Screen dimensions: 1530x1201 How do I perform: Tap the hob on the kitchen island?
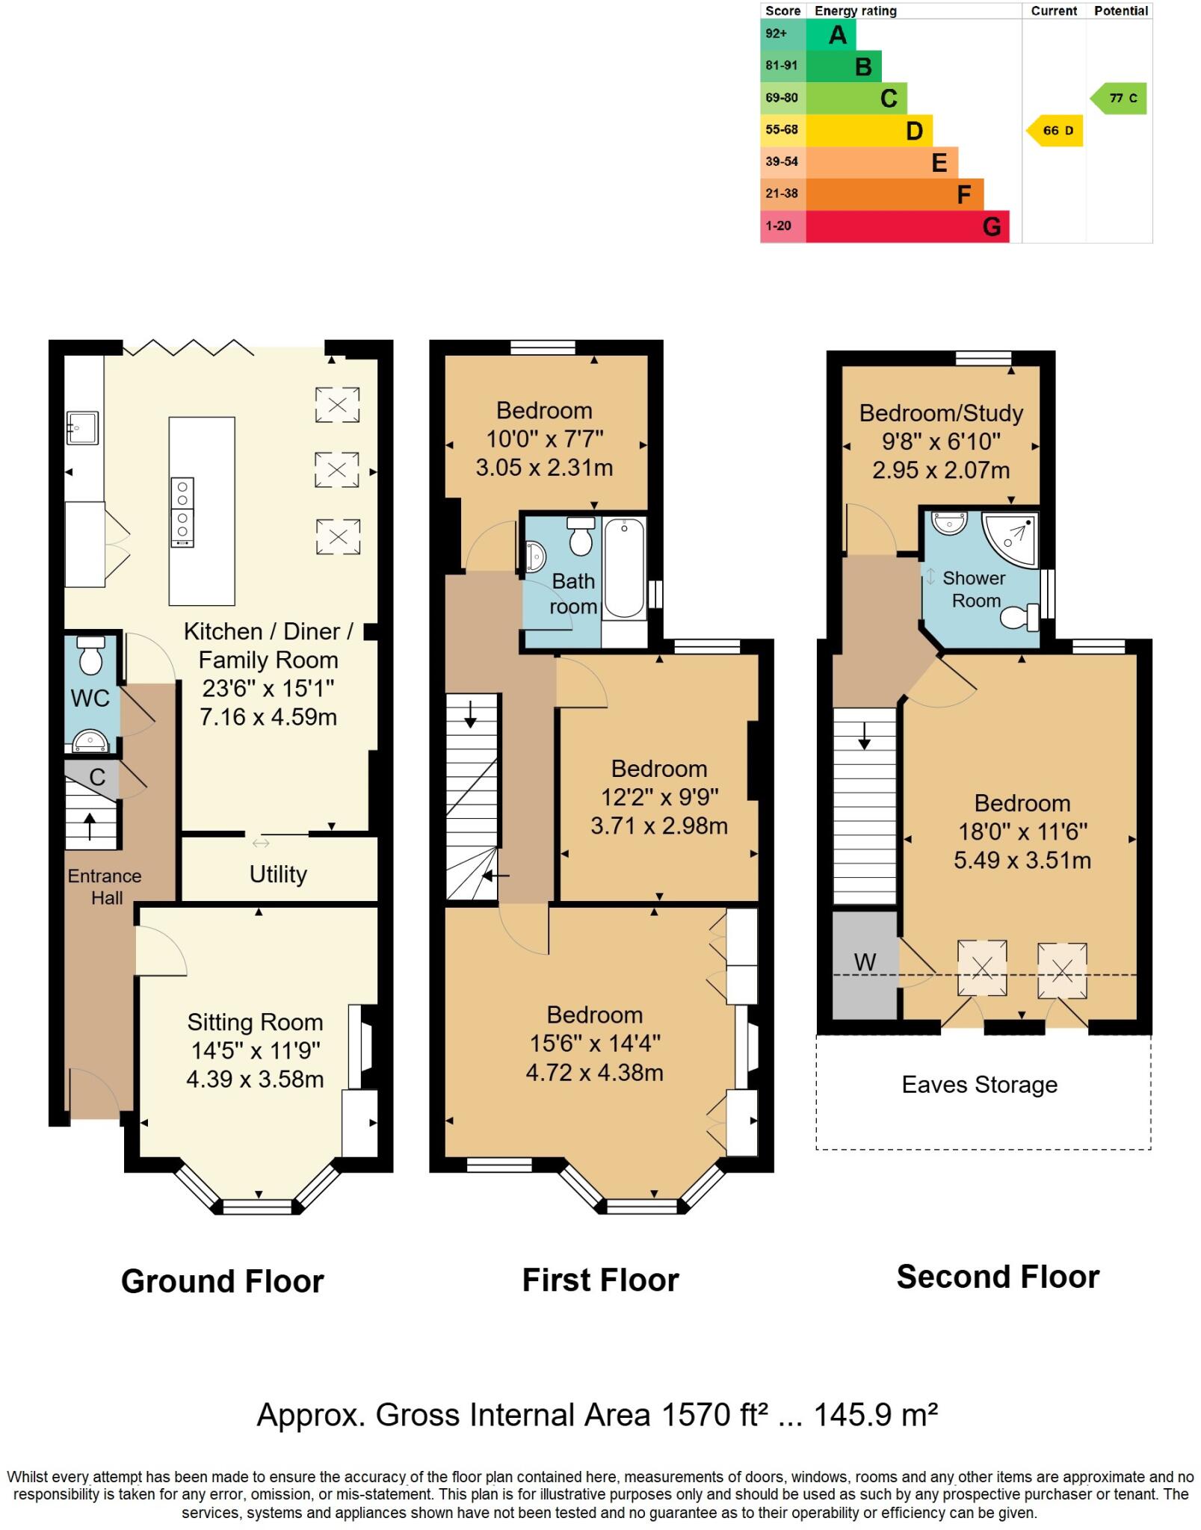coord(182,512)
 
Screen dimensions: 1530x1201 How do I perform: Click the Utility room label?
coord(278,874)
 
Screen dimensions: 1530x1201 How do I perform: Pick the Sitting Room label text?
coord(255,1022)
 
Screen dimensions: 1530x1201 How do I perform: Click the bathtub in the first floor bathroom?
coord(624,568)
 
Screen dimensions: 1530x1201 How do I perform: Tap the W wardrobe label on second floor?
coord(865,962)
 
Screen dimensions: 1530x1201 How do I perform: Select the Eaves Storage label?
coord(979,1085)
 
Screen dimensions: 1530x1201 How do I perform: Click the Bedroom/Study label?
coord(941,413)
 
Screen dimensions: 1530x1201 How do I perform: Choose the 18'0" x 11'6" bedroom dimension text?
coord(1022,831)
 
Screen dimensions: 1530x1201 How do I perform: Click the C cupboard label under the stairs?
coord(97,777)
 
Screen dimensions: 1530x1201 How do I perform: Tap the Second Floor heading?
coord(998,1277)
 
